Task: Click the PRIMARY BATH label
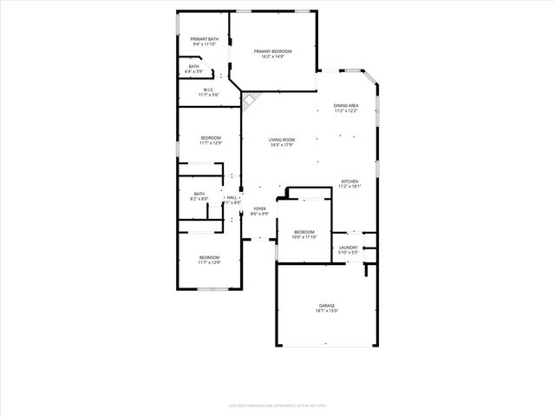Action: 205,39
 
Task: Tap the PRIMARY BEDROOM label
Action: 272,52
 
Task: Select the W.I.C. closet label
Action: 209,89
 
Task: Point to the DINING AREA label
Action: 346,106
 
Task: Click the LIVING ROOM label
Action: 282,140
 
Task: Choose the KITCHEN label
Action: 349,182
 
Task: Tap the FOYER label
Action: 259,208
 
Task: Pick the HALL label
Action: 232,198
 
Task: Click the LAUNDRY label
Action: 348,248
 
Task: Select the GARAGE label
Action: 327,305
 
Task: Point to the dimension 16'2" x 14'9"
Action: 272,57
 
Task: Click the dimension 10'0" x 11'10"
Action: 304,237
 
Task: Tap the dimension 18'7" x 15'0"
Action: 327,310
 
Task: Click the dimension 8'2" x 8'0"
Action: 199,199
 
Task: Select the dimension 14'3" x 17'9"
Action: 282,145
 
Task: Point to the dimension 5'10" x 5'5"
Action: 348,253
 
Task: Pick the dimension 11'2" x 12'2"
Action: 346,111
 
